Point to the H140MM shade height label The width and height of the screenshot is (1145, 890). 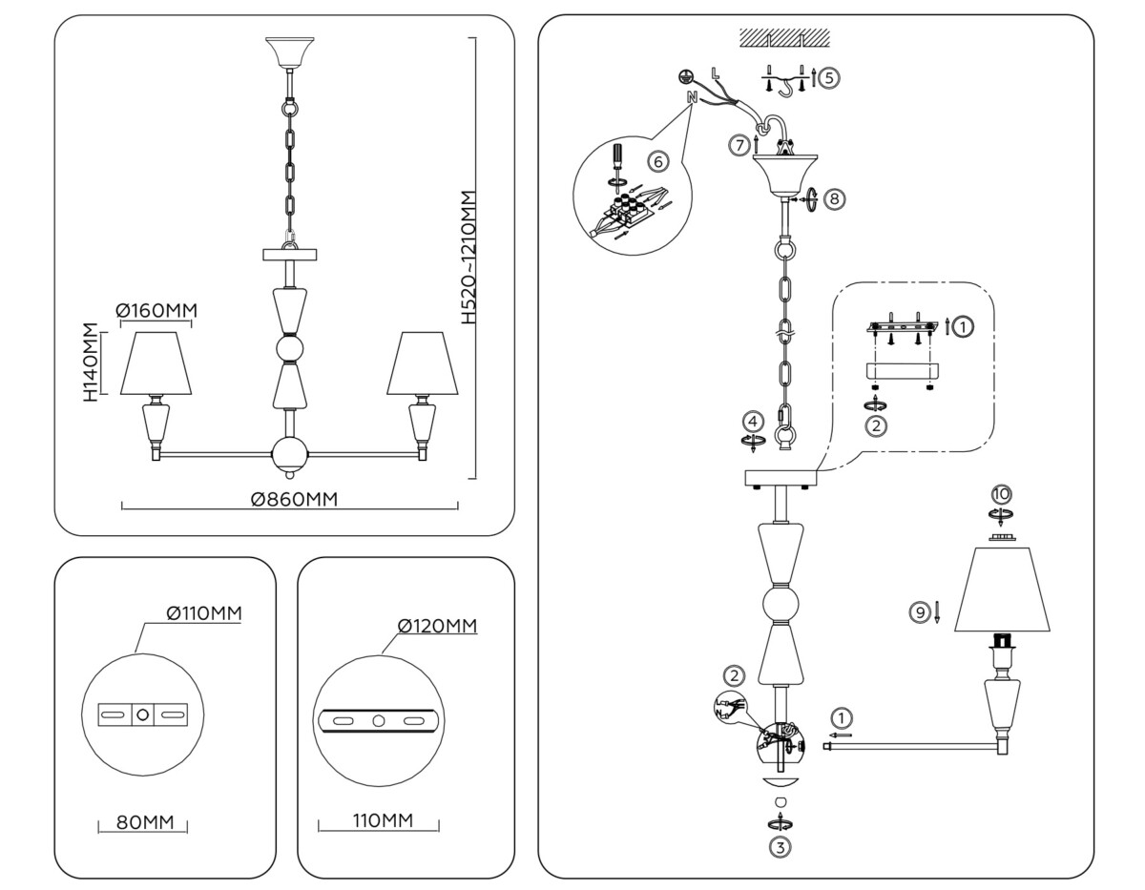point(91,362)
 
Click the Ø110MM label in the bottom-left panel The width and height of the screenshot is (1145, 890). point(202,613)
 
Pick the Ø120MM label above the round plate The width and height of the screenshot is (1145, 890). point(437,627)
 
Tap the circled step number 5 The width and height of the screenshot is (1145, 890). point(828,78)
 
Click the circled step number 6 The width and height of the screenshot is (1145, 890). point(660,161)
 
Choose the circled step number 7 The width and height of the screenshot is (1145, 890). point(739,146)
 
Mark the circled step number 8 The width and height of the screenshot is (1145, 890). point(834,199)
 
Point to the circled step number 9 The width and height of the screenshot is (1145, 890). point(920,612)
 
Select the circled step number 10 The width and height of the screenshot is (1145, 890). point(1001,494)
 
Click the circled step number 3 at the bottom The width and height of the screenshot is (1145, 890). point(781,845)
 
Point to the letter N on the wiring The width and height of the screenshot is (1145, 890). point(691,97)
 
